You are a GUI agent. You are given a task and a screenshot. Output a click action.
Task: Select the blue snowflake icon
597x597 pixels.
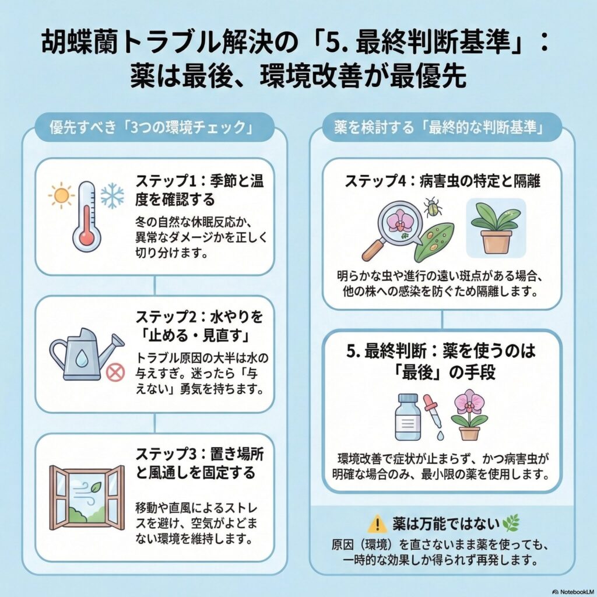pyautogui.click(x=112, y=196)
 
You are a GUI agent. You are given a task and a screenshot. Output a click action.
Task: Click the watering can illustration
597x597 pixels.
pyautogui.click(x=85, y=354)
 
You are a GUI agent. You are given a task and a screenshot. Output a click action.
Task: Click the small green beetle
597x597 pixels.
pyautogui.click(x=432, y=206)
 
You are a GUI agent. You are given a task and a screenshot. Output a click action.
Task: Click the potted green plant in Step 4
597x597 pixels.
pyautogui.click(x=496, y=227)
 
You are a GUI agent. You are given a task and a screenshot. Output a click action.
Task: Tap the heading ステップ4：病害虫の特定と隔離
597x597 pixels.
pyautogui.click(x=442, y=181)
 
